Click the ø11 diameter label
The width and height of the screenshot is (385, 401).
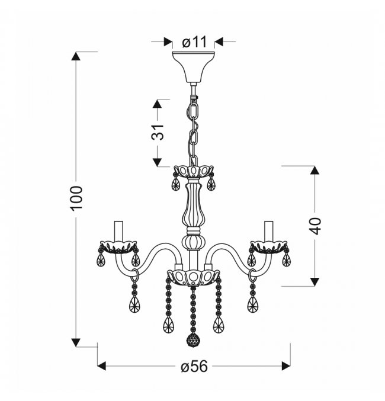[194, 42]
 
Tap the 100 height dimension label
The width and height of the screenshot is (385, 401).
[76, 198]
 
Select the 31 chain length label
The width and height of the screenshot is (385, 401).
[158, 132]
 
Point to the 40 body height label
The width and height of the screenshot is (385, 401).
[315, 226]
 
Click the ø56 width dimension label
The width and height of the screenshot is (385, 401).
[194, 367]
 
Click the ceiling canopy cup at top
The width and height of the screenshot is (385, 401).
[194, 67]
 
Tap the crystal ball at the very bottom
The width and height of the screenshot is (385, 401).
[194, 340]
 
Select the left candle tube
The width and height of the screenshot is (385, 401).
[118, 230]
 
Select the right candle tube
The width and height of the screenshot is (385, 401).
[269, 230]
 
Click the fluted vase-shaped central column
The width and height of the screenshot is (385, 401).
[194, 203]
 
